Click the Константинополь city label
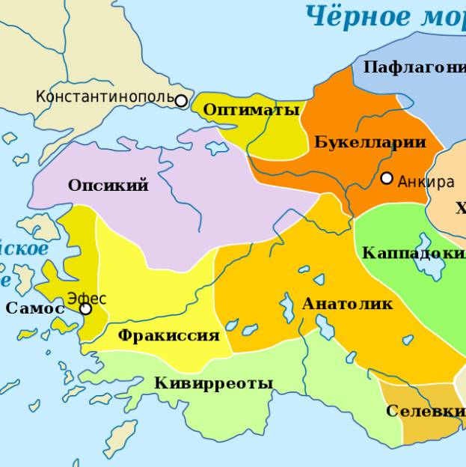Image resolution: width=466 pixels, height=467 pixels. click(x=105, y=97)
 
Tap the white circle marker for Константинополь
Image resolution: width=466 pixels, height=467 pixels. click(x=181, y=100)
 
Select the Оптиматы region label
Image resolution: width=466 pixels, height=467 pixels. click(x=251, y=110)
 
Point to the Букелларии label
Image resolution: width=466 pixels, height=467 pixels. click(x=370, y=142)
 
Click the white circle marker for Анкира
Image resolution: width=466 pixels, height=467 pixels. click(x=387, y=178)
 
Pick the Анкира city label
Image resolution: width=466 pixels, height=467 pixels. click(x=426, y=181)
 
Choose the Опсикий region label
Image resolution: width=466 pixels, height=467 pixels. click(x=108, y=186)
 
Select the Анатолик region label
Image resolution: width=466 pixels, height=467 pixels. click(x=347, y=304)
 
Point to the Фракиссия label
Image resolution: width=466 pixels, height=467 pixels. click(x=169, y=335)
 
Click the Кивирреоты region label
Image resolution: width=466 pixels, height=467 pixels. click(x=213, y=383)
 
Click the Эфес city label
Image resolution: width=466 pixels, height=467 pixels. click(x=88, y=298)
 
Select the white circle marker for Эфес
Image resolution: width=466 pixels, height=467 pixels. click(x=86, y=308)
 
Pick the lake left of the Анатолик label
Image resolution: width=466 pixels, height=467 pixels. click(x=287, y=307)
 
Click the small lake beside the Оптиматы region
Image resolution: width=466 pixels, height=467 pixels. click(x=217, y=148)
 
